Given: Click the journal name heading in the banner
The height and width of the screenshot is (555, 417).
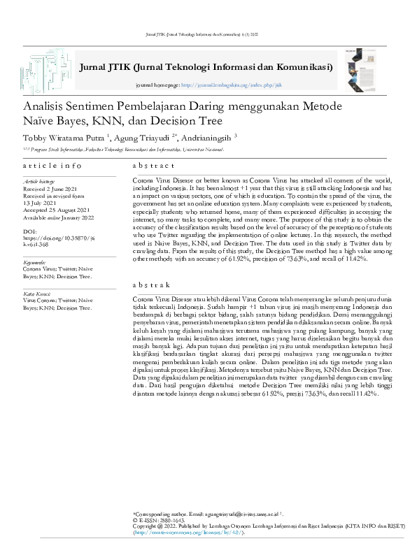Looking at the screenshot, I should pyautogui.click(x=206, y=67).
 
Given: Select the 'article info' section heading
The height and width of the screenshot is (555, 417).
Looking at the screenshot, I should pyautogui.click(x=52, y=166).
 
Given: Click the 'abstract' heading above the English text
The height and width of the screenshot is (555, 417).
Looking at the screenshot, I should pyautogui.click(x=153, y=166).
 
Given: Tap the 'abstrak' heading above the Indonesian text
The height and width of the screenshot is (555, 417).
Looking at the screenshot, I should pyautogui.click(x=152, y=286).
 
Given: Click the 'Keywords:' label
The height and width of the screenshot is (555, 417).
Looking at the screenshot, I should pyautogui.click(x=34, y=261).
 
